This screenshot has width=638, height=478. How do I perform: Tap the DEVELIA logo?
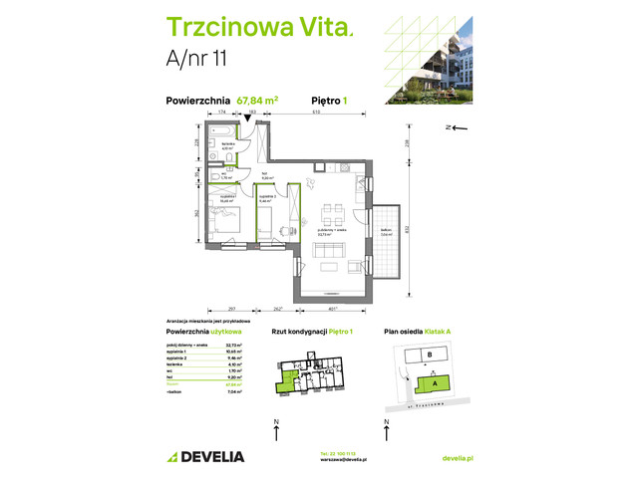pos(205,456)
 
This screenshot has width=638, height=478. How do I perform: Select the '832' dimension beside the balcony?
pos(409,227)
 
